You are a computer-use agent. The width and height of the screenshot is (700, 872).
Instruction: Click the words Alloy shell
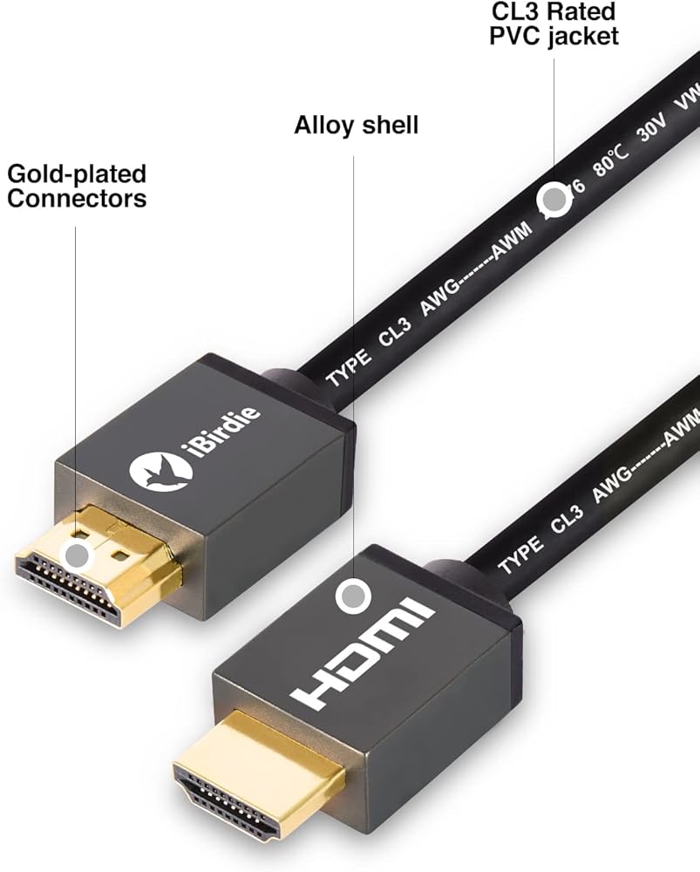click(356, 126)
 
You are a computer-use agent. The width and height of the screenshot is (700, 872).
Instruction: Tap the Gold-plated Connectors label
click(77, 186)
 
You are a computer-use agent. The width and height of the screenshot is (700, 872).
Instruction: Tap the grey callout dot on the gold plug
click(78, 553)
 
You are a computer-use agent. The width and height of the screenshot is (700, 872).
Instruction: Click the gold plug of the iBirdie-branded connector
click(96, 567)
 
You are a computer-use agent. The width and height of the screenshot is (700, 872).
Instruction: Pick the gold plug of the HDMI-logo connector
click(253, 767)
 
